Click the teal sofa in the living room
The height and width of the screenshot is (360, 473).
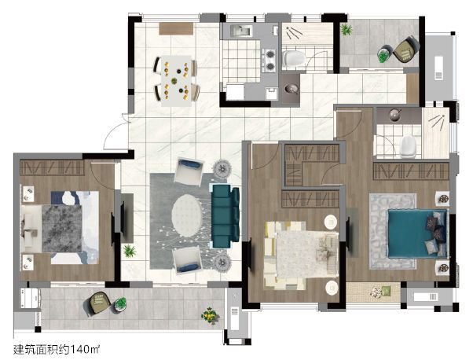tap(225, 216)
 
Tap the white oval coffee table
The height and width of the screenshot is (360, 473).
tap(187, 215)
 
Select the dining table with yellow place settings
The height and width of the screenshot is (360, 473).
tap(176, 81)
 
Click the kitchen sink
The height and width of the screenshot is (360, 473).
tap(241, 31)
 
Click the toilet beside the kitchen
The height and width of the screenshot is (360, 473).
tap(294, 58)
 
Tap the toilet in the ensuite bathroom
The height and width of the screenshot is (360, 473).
tap(409, 147)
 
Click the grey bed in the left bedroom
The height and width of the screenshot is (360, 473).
tap(60, 227)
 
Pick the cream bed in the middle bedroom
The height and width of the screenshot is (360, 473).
tap(301, 255)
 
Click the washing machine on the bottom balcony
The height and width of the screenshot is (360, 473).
tap(30, 298)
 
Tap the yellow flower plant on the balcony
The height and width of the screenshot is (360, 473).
tap(211, 315)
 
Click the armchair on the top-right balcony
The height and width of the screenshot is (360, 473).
tap(406, 50)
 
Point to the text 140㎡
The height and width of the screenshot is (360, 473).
tap(85, 350)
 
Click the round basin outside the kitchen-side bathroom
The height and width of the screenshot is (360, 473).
tap(291, 88)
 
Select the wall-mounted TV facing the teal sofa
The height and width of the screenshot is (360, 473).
tap(123, 216)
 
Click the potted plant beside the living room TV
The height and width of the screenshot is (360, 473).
tap(130, 251)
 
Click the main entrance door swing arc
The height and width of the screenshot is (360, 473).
tap(111, 133)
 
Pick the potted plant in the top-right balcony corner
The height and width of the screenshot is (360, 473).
tap(346, 29)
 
